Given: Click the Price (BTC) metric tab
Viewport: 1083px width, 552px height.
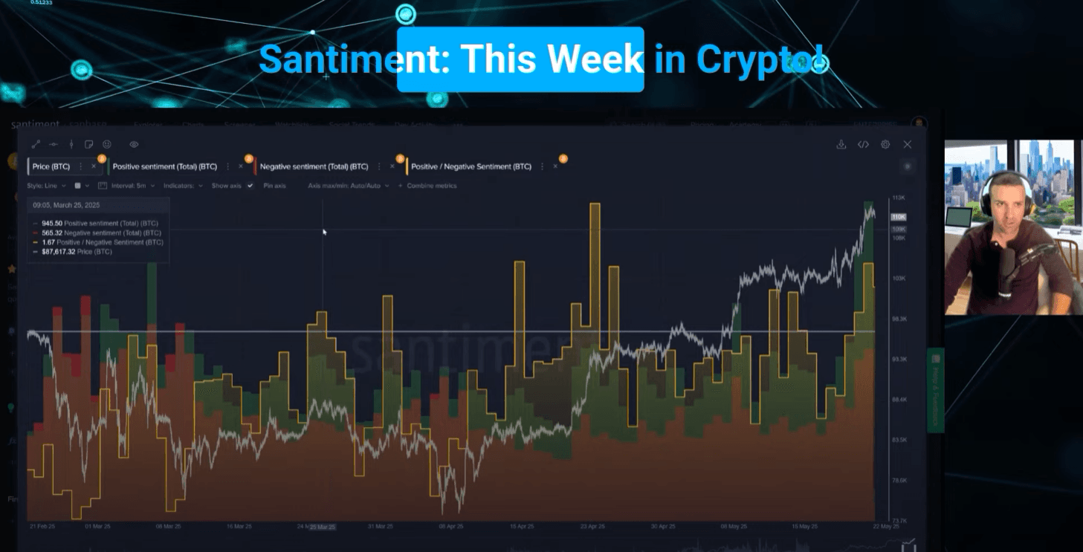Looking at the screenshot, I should pyautogui.click(x=51, y=166).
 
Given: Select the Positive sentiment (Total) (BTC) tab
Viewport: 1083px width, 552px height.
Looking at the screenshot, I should pyautogui.click(x=164, y=166).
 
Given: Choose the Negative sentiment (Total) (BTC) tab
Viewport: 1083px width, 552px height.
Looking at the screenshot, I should pyautogui.click(x=314, y=166).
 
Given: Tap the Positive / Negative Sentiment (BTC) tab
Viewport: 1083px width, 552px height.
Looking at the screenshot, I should pyautogui.click(x=471, y=166).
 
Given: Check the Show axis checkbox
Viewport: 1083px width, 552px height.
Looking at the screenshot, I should pyautogui.click(x=250, y=186).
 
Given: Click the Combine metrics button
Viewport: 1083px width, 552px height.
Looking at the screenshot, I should pyautogui.click(x=431, y=186).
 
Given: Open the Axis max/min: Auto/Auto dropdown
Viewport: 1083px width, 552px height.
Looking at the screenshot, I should pyautogui.click(x=348, y=186).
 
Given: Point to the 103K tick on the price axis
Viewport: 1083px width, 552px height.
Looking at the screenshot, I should pyautogui.click(x=898, y=279).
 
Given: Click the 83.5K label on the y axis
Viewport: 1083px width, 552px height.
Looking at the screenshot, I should pyautogui.click(x=899, y=440).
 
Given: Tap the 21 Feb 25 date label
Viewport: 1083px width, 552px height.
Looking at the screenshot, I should pyautogui.click(x=42, y=526).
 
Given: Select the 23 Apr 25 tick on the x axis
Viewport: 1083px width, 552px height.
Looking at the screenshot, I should pyautogui.click(x=592, y=526).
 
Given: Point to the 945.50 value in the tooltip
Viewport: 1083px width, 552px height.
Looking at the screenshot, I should pyautogui.click(x=52, y=223).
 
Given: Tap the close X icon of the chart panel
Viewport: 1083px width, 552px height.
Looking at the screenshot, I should pyautogui.click(x=907, y=145).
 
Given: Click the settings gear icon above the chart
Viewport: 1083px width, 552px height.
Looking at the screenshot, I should pyautogui.click(x=885, y=145).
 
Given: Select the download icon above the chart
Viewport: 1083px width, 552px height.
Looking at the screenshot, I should pyautogui.click(x=841, y=145).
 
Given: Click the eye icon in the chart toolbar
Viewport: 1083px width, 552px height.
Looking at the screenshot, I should pyautogui.click(x=134, y=144).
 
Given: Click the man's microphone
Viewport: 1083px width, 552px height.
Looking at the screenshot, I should pyautogui.click(x=1009, y=267).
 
